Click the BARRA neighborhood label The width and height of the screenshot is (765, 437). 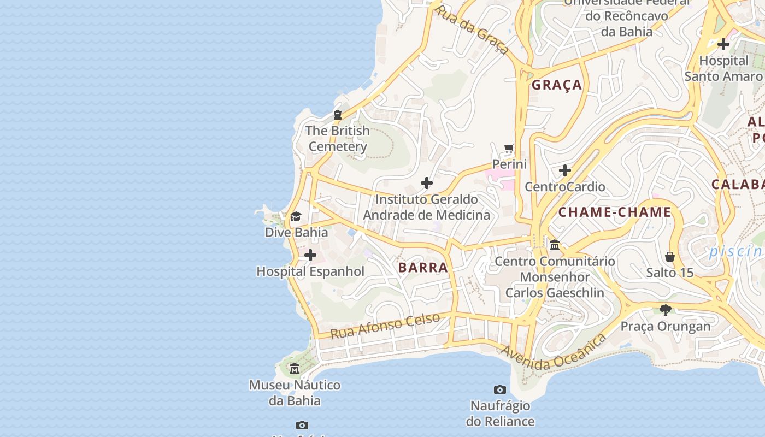pos(423,268)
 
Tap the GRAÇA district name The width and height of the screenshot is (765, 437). pos(557,85)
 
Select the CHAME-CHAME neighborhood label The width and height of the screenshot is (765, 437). pos(615,212)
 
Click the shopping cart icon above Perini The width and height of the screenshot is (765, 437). pos(509,148)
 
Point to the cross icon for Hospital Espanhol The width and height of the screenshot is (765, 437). pos(310,255)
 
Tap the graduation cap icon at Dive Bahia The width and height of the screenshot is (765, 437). pos(296,217)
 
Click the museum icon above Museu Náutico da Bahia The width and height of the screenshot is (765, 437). pos(295,369)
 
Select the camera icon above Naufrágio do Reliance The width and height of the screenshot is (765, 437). pos(499,389)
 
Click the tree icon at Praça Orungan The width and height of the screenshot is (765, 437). pos(665,310)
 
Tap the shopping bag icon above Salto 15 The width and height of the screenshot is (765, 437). pos(670,256)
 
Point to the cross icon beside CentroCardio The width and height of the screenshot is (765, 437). pos(565,171)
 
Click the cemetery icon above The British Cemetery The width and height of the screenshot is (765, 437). pos(338,115)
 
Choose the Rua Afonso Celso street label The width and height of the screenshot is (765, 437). pos(385,326)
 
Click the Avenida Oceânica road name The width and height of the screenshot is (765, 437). pos(553,352)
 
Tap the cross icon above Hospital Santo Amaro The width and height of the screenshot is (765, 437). pos(723,44)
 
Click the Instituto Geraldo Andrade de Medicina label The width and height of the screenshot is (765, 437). pos(427,207)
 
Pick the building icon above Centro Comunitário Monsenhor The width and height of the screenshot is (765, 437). pos(555,245)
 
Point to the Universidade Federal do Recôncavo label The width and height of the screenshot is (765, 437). pos(627,16)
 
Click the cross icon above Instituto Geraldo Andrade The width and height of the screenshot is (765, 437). pos(427,183)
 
